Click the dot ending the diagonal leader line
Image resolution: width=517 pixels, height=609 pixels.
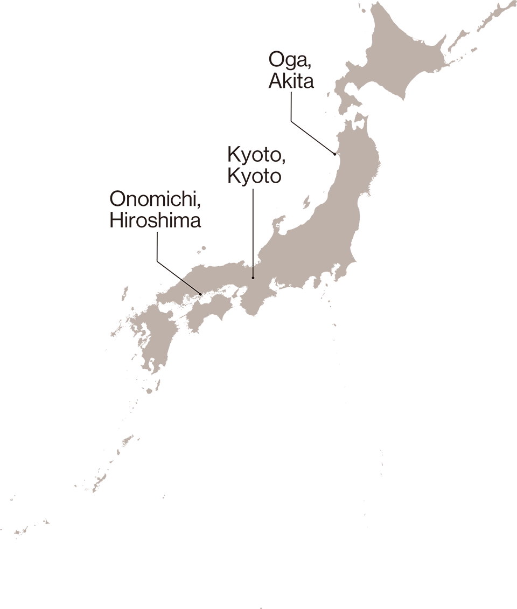(x=200, y=294)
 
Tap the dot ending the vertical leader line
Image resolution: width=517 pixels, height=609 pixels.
(x=253, y=278)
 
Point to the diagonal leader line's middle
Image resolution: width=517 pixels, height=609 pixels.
(x=190, y=287)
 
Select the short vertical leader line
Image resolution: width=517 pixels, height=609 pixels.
(x=253, y=271)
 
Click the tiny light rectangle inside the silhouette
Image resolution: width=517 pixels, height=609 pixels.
(x=177, y=223)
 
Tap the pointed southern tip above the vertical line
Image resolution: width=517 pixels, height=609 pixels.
(x=253, y=262)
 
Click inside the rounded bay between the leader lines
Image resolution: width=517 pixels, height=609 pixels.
(x=210, y=259)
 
